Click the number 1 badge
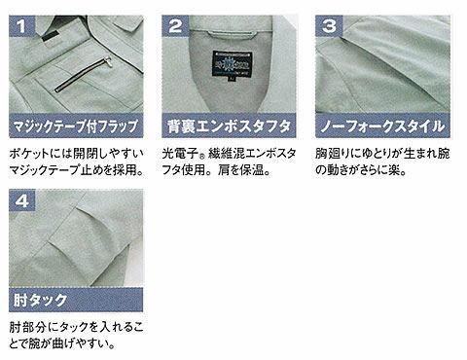[x=22, y=22]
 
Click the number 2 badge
[x=176, y=22]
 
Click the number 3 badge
[x=329, y=22]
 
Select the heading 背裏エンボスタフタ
[x=229, y=126]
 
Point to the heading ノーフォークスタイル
[x=382, y=126]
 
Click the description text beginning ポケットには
[x=76, y=156]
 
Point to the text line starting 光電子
[x=230, y=156]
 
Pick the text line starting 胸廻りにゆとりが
[x=382, y=156]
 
